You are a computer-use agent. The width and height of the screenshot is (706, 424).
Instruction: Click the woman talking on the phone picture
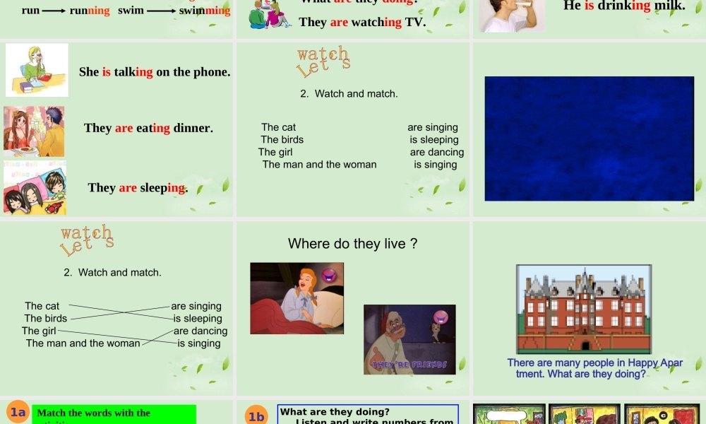pyautogui.click(x=37, y=69)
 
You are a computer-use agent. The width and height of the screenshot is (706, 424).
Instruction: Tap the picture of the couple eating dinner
pyautogui.click(x=34, y=131)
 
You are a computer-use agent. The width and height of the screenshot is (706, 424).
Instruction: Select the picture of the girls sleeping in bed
pyautogui.click(x=35, y=188)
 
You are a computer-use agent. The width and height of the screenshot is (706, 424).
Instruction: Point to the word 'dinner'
pyautogui.click(x=193, y=128)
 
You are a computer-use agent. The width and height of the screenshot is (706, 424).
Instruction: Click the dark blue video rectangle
pyautogui.click(x=589, y=139)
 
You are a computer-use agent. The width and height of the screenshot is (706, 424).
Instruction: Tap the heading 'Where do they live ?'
pyautogui.click(x=352, y=244)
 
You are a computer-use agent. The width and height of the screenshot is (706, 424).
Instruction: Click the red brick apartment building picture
pyautogui.click(x=583, y=309)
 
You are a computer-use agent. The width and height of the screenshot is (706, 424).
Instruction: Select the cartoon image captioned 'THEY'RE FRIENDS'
pyautogui.click(x=409, y=339)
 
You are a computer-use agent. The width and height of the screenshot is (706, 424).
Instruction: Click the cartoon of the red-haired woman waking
pyautogui.click(x=297, y=298)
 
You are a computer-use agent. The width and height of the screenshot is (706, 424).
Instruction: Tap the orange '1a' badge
pyautogui.click(x=18, y=413)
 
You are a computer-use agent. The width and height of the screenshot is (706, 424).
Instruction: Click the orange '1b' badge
pyautogui.click(x=256, y=416)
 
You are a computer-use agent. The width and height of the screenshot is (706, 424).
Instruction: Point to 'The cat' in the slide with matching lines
pyautogui.click(x=42, y=306)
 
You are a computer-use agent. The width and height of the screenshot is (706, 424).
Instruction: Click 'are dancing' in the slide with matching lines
pyautogui.click(x=201, y=331)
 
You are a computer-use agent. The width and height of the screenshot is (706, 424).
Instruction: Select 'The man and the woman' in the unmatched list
pyautogui.click(x=319, y=165)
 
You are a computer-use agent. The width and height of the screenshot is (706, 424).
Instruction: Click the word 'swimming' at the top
pyautogui.click(x=205, y=11)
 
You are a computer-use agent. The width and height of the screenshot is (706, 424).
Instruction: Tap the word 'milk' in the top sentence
pyautogui.click(x=669, y=6)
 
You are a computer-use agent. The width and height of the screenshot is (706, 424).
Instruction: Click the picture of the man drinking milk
pyautogui.click(x=512, y=16)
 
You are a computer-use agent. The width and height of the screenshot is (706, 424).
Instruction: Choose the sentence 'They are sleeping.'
pyautogui.click(x=138, y=187)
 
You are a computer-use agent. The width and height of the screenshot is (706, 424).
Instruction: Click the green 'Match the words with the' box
pyautogui.click(x=114, y=414)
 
